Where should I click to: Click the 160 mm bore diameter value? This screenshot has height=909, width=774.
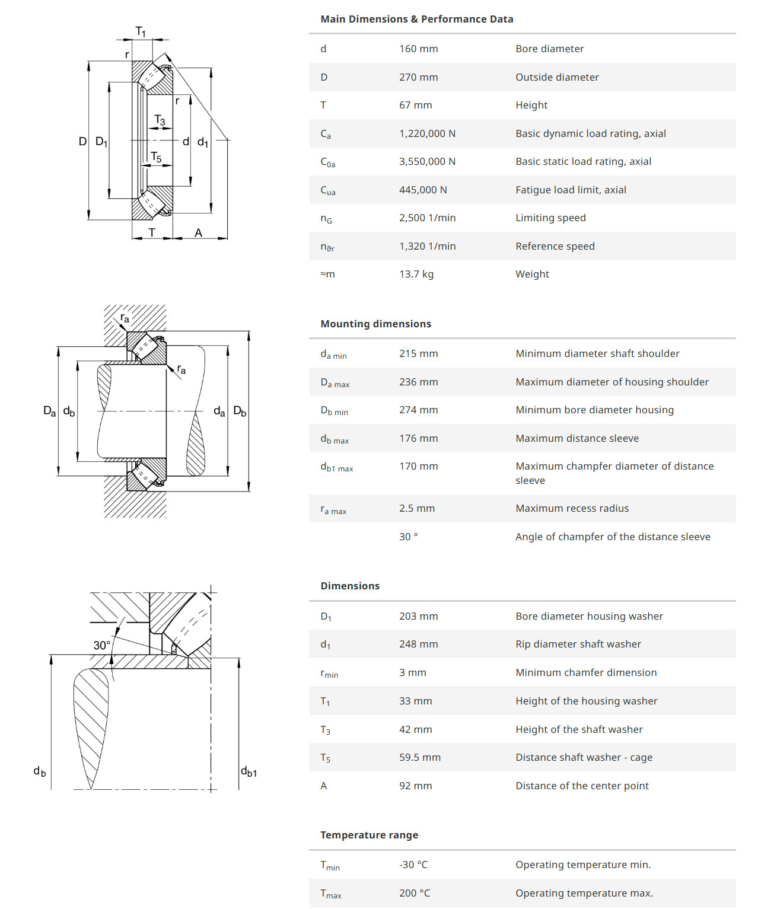(418, 49)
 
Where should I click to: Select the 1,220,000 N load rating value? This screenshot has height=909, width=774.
(427, 133)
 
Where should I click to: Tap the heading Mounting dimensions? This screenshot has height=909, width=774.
(375, 324)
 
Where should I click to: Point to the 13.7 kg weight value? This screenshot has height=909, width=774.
(416, 274)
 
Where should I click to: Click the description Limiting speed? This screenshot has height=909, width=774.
(550, 218)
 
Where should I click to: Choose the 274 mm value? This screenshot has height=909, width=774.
(418, 410)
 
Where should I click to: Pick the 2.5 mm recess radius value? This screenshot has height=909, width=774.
(416, 508)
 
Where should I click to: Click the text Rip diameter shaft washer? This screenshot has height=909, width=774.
(578, 644)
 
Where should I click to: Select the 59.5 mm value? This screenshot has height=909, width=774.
(419, 757)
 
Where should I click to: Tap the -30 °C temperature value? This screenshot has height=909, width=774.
(413, 865)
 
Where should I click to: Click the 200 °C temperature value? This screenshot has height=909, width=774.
(414, 893)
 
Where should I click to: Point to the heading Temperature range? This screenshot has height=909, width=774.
(369, 835)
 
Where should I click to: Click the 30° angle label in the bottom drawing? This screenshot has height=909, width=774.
(101, 645)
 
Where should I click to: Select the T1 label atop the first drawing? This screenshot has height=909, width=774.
(141, 31)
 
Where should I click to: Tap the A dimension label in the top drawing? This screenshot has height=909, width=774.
(198, 232)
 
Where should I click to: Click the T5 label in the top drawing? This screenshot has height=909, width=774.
(156, 157)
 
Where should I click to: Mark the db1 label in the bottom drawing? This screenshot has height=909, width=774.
(249, 771)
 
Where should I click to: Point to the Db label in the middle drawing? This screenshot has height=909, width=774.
(240, 411)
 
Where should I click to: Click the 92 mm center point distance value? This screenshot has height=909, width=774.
(415, 786)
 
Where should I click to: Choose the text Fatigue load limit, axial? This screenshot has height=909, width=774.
(571, 190)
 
